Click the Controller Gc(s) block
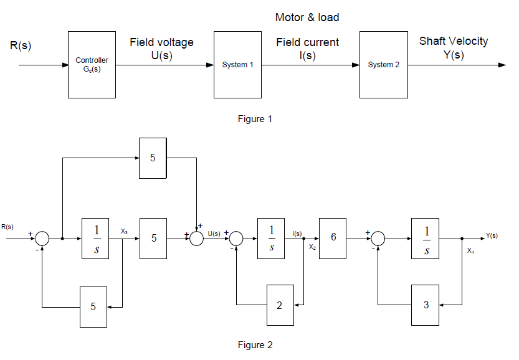click(92, 65)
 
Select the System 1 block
click(237, 65)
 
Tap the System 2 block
click(383, 65)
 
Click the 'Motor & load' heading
click(307, 17)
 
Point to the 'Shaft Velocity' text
click(453, 41)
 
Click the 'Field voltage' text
click(161, 42)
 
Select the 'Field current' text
click(308, 42)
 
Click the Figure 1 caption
click(255, 119)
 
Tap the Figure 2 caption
click(255, 344)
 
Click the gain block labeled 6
click(333, 238)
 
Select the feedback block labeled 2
click(280, 305)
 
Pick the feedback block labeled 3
click(426, 305)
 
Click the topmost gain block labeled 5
click(153, 158)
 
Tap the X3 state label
click(125, 231)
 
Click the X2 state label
click(312, 247)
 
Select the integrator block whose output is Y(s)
click(426, 238)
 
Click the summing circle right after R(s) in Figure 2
click(42, 239)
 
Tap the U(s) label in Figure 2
click(214, 234)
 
